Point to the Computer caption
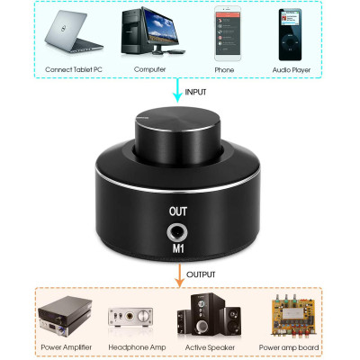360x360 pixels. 148,69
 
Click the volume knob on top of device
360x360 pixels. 179,135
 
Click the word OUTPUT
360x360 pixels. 203,273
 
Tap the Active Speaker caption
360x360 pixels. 212,346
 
